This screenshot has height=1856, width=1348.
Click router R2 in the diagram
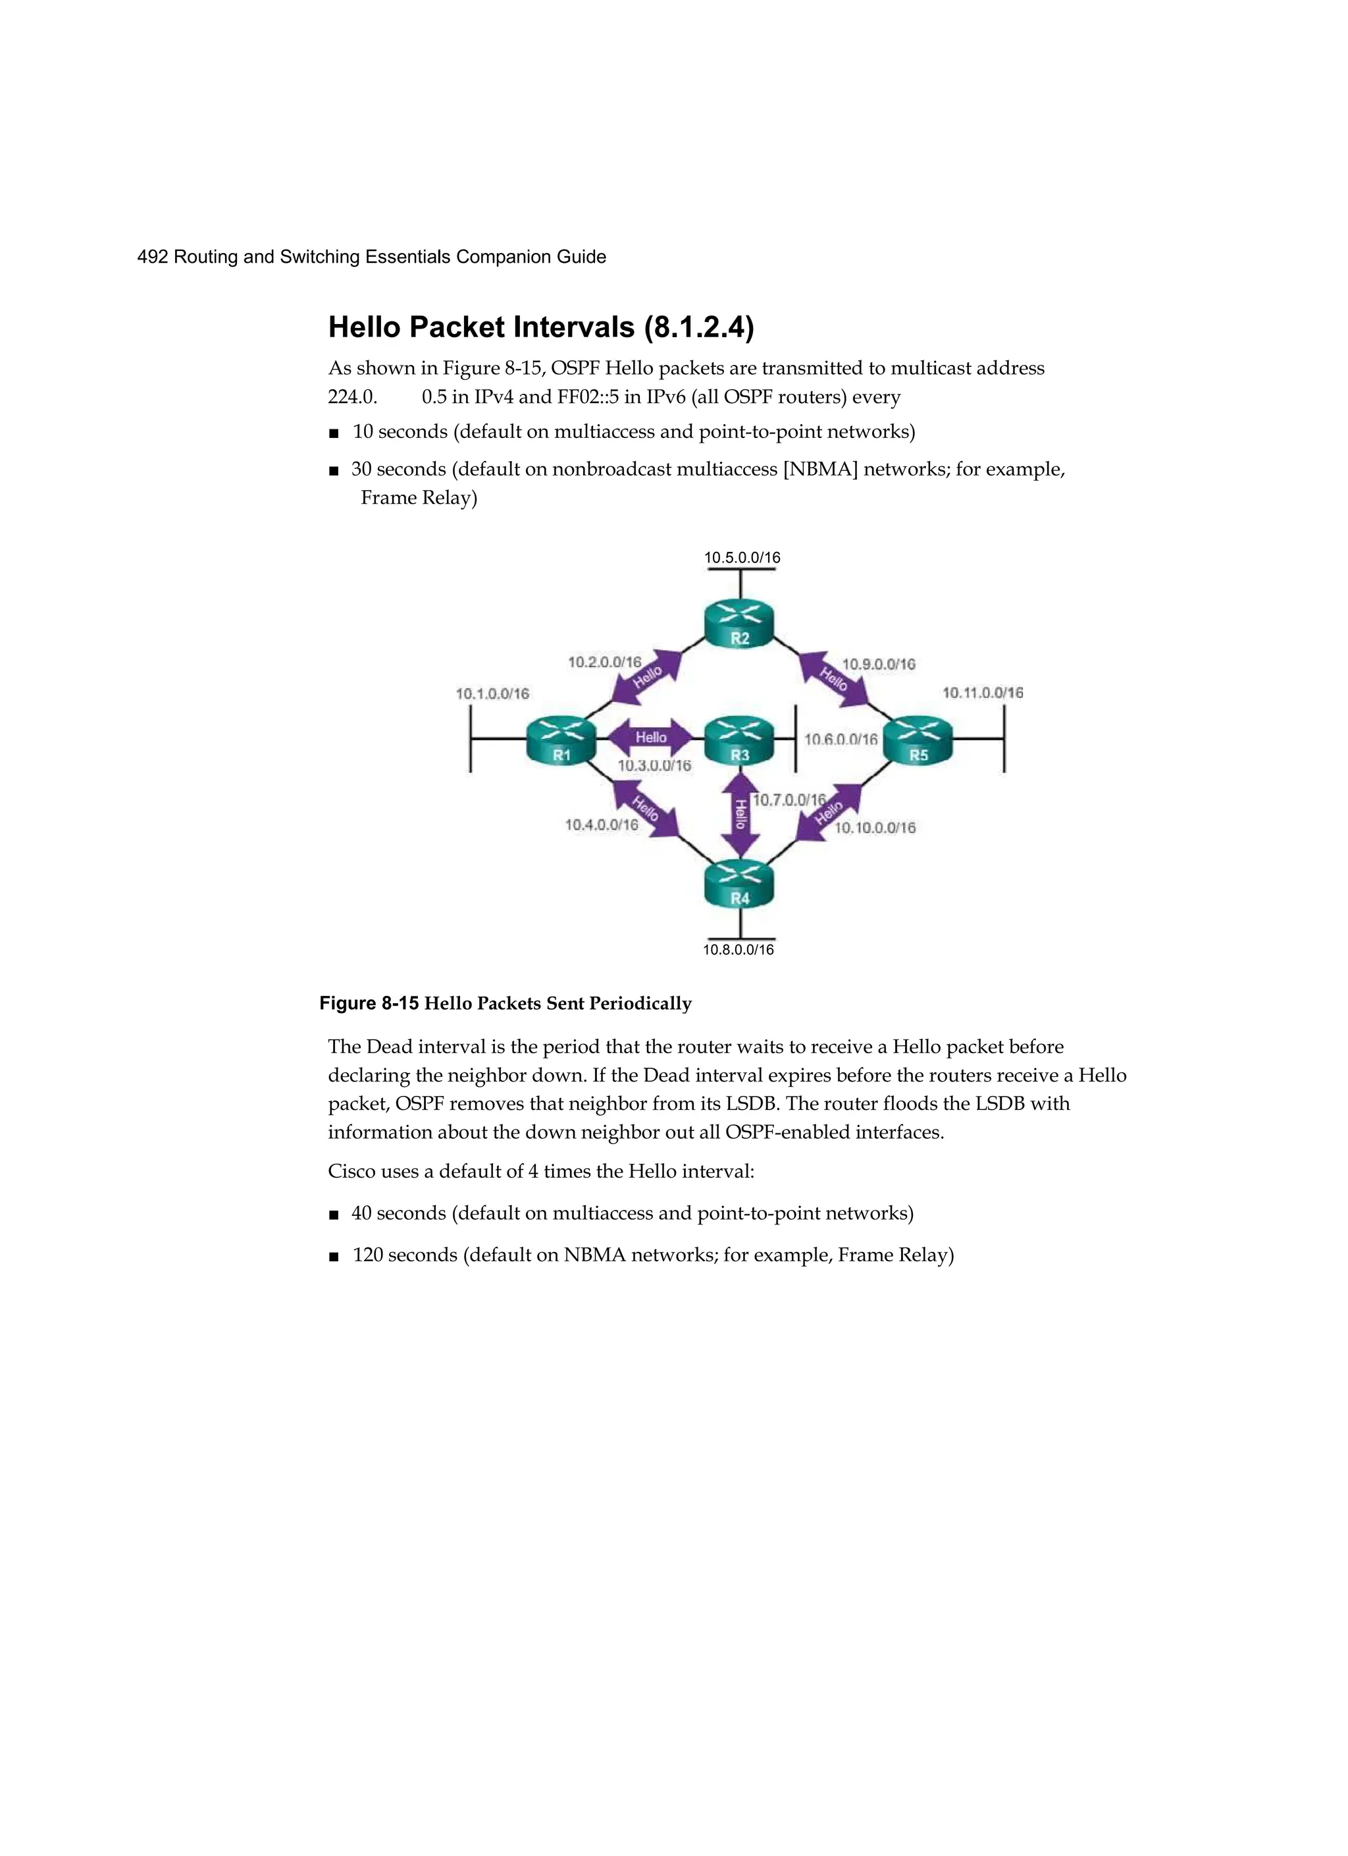739,626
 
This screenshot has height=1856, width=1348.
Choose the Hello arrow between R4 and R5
829,812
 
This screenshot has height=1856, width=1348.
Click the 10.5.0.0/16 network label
742,558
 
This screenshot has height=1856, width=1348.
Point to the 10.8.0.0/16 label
738,949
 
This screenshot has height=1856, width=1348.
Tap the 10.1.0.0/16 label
492,694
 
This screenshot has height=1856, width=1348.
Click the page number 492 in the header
153,257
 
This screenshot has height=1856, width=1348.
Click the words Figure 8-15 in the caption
369,1003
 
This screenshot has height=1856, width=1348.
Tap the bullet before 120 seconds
333,1256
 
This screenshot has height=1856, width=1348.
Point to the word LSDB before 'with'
1000,1104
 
